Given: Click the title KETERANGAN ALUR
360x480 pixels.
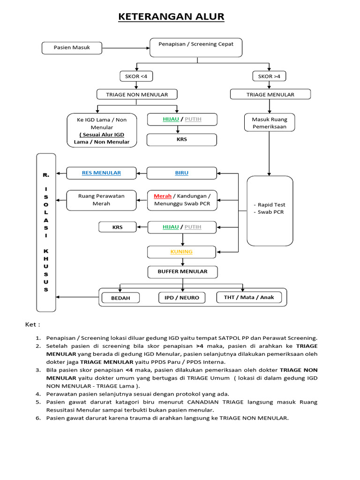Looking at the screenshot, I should (x=171, y=17).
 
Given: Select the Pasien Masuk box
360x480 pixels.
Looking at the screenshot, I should (x=72, y=48).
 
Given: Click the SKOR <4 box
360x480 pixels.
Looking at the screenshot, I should (x=136, y=76).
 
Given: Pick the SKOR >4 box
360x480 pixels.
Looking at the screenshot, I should (x=270, y=76).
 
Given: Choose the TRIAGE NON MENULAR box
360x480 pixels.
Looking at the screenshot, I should (x=137, y=95).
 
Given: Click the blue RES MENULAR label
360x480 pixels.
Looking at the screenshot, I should (x=101, y=173).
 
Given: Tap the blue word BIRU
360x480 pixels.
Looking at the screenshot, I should (x=182, y=173).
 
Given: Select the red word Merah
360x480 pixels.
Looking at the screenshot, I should (x=163, y=196).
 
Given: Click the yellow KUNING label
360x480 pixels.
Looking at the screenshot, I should (x=181, y=252).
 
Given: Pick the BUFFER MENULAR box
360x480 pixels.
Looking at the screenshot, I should (x=182, y=271).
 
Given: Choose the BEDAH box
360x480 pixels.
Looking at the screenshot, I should (x=120, y=298).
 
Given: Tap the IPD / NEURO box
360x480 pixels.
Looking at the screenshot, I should (x=182, y=298).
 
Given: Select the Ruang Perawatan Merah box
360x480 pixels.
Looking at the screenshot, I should (x=101, y=200).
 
